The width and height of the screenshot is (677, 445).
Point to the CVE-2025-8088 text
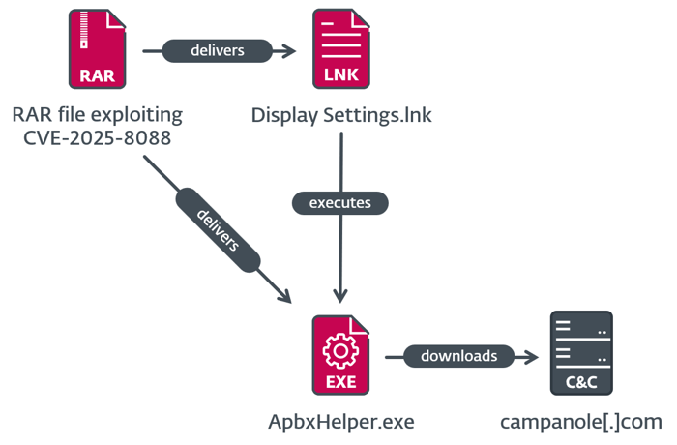[97, 138]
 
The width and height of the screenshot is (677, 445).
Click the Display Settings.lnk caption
[341, 115]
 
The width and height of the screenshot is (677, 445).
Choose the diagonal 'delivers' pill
[219, 230]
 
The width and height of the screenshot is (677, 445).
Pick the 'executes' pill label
[340, 203]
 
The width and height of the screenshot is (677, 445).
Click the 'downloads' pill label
[458, 356]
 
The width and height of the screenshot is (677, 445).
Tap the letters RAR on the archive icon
[97, 74]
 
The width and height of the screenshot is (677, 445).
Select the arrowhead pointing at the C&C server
[531, 356]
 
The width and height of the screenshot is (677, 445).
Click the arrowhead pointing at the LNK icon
[289, 50]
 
